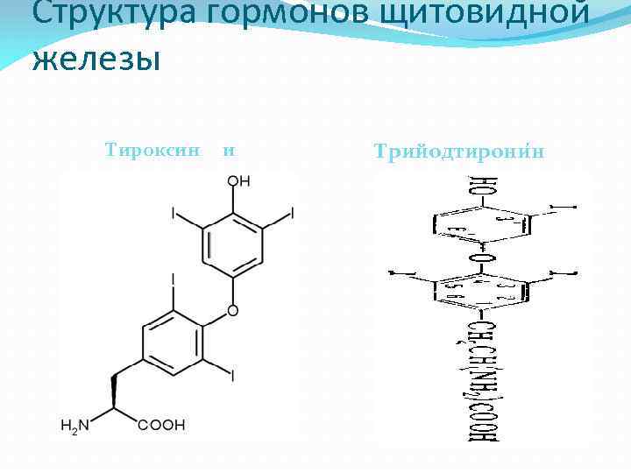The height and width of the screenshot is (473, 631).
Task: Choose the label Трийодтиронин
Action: pyautogui.click(x=458, y=151)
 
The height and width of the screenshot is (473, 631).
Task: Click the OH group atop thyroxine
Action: pyautogui.click(x=238, y=181)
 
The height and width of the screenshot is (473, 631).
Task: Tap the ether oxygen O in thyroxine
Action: pyautogui.click(x=232, y=311)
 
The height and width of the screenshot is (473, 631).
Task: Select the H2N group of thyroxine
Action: pyautogui.click(x=74, y=426)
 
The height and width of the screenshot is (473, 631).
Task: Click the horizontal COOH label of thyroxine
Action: pyautogui.click(x=161, y=426)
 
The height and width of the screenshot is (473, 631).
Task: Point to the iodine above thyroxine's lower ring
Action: pyautogui.click(x=173, y=279)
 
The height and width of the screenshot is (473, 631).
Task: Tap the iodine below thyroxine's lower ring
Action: pyautogui.click(x=232, y=377)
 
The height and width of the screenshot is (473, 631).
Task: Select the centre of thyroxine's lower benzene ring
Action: pyautogui.click(x=174, y=343)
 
